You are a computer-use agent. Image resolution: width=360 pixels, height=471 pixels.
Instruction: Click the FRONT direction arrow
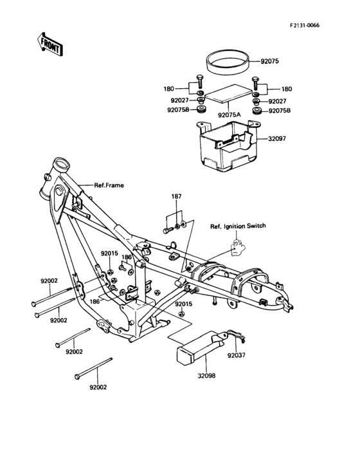49,44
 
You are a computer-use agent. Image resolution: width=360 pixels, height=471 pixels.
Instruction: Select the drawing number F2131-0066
304,24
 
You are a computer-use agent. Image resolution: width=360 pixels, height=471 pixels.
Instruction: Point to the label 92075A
228,115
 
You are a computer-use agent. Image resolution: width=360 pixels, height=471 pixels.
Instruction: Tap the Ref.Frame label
109,185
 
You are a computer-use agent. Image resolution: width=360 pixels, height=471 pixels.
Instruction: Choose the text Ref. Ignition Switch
238,226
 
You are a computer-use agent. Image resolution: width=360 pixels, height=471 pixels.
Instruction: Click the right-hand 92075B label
279,111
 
